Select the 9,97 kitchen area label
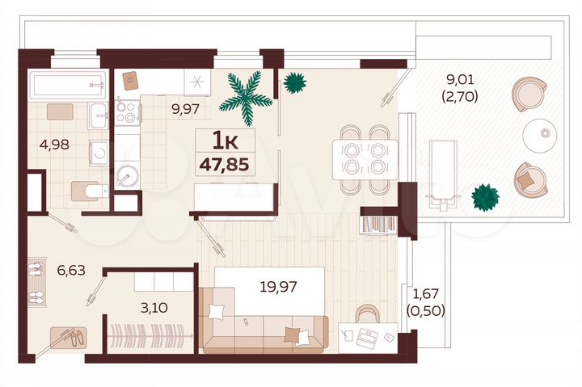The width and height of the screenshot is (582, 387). (x=184, y=108)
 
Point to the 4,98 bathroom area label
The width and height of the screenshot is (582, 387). (x=54, y=145)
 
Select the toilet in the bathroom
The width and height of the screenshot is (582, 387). (x=88, y=191)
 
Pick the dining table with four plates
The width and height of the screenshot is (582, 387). (x=364, y=157)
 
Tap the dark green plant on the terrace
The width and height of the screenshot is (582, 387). (x=486, y=196)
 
